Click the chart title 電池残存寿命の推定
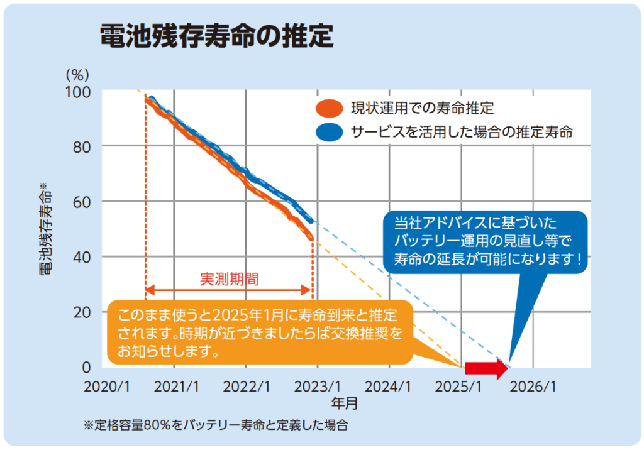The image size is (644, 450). pos(216,37)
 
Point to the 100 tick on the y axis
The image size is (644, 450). pos(79,91)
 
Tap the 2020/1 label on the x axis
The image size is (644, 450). pos(106,386)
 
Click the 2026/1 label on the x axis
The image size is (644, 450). pos(535,386)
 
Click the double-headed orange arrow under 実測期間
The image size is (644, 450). pos(229,290)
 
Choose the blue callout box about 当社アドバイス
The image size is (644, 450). pos(486,241)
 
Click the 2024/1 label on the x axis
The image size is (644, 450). pos(391,386)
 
